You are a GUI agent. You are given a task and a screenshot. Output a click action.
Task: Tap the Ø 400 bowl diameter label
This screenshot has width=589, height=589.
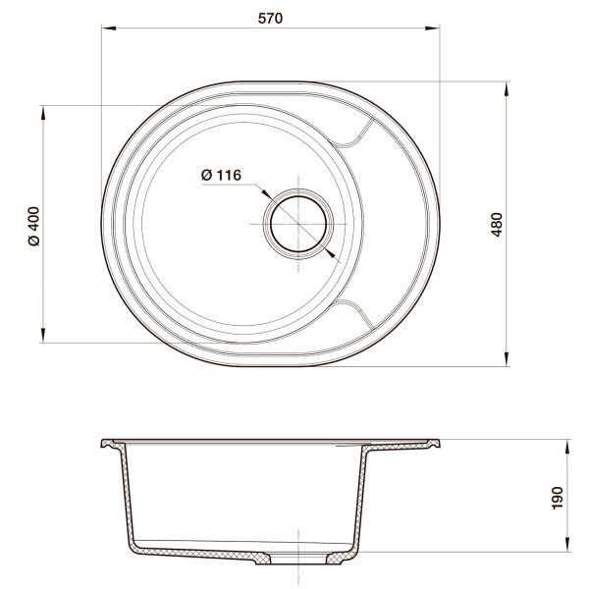(x=32, y=225)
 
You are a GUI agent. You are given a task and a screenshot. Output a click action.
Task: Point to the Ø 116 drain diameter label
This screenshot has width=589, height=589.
(x=221, y=175)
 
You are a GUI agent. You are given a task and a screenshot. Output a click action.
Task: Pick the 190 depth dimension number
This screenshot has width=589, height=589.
(x=557, y=496)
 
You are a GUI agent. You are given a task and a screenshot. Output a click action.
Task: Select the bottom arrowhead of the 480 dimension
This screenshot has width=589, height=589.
(x=508, y=360)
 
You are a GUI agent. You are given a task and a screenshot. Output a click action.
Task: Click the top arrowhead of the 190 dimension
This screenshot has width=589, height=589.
(x=568, y=445)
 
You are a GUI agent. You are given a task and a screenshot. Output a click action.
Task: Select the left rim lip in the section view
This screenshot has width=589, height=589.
(x=109, y=444)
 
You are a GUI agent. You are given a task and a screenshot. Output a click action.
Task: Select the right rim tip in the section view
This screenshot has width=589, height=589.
(x=437, y=443)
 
